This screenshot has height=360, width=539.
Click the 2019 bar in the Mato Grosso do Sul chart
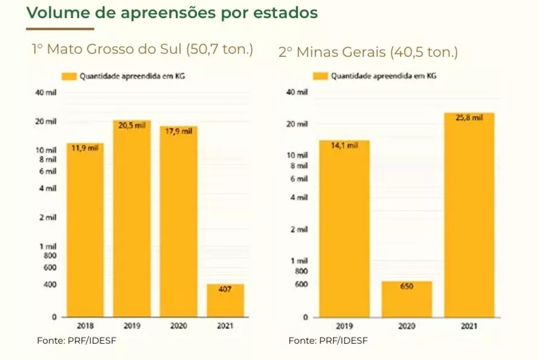(132, 219)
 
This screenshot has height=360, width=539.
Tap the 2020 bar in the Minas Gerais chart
(407, 299)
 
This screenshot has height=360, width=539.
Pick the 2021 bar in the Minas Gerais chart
(469, 216)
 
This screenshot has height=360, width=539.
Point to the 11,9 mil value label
(85, 149)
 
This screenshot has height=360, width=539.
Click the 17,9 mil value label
(178, 131)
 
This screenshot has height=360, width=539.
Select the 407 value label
(226, 289)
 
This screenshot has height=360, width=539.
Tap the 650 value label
(407, 287)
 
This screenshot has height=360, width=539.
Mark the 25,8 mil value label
(469, 118)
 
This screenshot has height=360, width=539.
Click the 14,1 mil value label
(344, 146)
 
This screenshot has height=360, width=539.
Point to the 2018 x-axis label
(85, 326)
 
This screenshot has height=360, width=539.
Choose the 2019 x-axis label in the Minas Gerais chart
(344, 326)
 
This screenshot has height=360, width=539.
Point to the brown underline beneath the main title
(60, 29)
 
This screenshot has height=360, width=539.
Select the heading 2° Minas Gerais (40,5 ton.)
(368, 52)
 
